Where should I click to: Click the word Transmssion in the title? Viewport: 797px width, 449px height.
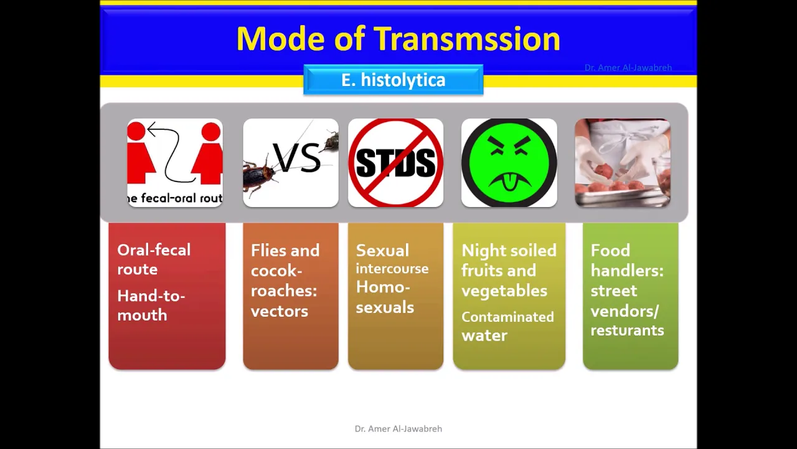(x=467, y=39)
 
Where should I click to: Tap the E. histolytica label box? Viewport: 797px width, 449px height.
(x=393, y=79)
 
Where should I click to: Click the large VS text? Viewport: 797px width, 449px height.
(x=297, y=158)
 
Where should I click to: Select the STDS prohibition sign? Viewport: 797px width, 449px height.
(x=395, y=163)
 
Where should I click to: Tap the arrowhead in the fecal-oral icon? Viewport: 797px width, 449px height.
(x=153, y=128)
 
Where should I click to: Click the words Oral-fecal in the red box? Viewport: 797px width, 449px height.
(x=154, y=250)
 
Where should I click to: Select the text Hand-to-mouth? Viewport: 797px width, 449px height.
(x=151, y=306)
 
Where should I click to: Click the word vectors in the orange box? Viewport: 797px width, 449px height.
(x=280, y=311)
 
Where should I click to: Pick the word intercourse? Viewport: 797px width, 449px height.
(x=392, y=268)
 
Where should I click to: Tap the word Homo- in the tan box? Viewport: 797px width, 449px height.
(x=383, y=287)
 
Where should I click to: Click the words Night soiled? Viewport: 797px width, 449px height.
(x=509, y=250)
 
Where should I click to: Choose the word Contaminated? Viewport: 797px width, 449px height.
(x=507, y=317)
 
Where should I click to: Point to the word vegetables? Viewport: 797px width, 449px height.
(x=504, y=291)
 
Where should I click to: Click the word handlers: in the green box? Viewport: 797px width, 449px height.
(x=627, y=271)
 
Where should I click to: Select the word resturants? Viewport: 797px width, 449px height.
(x=627, y=331)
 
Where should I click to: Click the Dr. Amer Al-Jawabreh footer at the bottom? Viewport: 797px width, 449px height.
(x=398, y=428)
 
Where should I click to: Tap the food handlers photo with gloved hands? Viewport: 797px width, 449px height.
(x=623, y=163)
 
